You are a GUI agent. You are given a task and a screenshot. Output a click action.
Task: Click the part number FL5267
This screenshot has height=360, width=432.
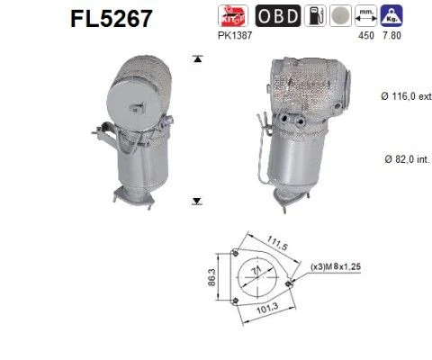click(x=112, y=19)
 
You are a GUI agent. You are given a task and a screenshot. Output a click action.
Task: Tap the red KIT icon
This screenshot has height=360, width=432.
click(x=233, y=15)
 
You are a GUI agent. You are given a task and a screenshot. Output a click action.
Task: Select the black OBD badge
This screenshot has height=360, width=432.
click(x=278, y=15)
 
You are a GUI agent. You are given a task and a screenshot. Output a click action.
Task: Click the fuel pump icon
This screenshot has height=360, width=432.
click(x=315, y=15)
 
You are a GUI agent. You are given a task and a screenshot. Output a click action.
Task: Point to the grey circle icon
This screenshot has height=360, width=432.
click(x=340, y=15)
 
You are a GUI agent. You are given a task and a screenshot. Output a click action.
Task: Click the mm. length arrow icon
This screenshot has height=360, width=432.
click(x=366, y=15)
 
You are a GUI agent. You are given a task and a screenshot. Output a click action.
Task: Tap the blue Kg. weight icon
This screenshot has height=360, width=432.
click(x=391, y=15)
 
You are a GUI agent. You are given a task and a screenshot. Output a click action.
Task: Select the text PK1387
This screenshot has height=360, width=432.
click(x=235, y=35)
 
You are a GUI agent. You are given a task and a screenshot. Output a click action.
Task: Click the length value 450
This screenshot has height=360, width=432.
click(x=366, y=35)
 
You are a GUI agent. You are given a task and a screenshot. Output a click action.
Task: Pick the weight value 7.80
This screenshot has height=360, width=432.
click(x=391, y=35)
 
